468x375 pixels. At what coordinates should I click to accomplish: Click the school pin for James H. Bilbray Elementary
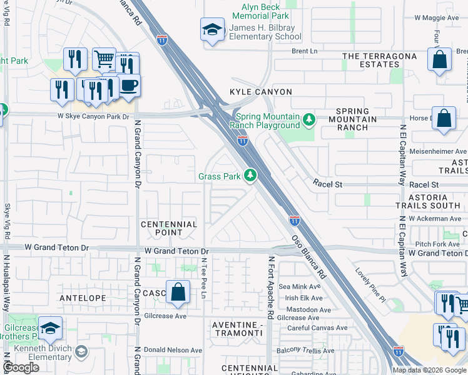[x=212, y=29]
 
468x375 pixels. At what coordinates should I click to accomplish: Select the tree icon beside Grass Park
[x=250, y=176]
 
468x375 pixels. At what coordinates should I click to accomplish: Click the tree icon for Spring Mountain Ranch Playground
[x=308, y=119]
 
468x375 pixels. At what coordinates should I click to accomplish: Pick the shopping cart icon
[x=104, y=59]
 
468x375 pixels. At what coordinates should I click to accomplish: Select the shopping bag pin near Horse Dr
[x=444, y=118]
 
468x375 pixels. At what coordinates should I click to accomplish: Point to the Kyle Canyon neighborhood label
[x=261, y=92]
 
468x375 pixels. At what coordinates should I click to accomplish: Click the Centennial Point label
[x=169, y=228]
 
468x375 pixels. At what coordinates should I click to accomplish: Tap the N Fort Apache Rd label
[x=272, y=287]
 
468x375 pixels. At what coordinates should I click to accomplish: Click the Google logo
[x=21, y=367]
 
